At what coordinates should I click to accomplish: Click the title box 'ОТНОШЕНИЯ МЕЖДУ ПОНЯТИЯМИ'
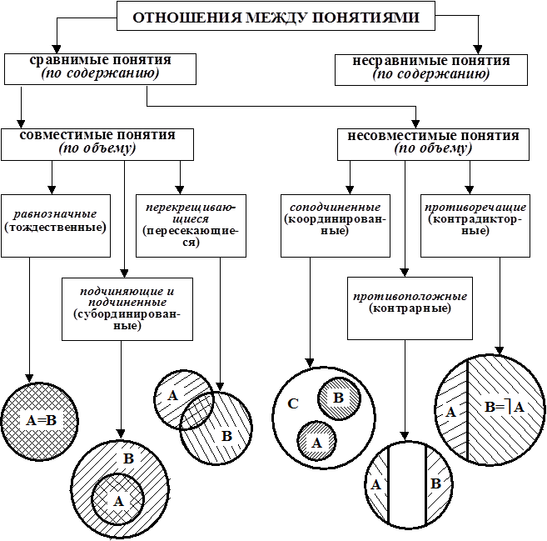coord(271,18)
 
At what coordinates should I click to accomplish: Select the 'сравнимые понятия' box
coord(100,68)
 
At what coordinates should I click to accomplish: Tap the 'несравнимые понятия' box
coord(431,68)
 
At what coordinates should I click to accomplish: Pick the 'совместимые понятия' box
coord(97,143)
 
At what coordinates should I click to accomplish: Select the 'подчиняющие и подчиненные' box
coord(127,309)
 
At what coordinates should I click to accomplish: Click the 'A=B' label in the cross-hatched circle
coord(40,420)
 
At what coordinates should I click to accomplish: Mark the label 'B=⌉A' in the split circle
coord(505,408)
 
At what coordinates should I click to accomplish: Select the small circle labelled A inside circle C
coord(316,439)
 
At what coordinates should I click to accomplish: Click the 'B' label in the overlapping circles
coord(225,434)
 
